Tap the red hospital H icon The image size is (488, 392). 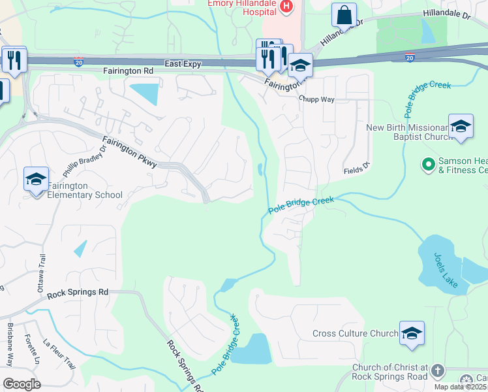click(285, 7)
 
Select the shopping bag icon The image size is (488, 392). click(344, 14)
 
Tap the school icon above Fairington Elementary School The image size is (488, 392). click(37, 179)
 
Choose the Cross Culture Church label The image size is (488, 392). click(355, 333)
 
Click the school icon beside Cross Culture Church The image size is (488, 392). click(412, 333)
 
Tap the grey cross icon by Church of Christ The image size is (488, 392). click(436, 371)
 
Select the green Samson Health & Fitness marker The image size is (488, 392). click(428, 165)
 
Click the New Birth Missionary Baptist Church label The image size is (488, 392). click(409, 133)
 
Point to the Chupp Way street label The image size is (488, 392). click(316, 99)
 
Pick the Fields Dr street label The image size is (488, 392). click(357, 171)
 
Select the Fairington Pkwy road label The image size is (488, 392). click(130, 152)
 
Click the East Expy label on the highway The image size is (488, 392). click(183, 63)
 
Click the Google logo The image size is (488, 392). click(22, 384)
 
